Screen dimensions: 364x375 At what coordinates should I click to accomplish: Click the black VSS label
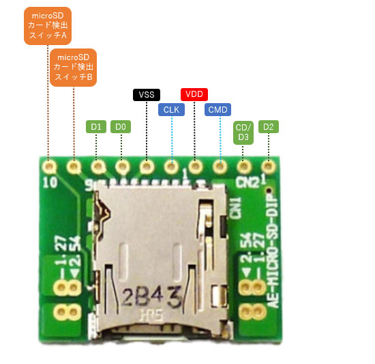coord(147,94)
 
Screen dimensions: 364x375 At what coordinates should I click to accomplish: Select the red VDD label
coord(194,94)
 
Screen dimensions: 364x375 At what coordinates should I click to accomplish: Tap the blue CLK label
coord(170,109)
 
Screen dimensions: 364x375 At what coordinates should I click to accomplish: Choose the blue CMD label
coord(218,109)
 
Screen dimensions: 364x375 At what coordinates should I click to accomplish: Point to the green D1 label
coord(97,126)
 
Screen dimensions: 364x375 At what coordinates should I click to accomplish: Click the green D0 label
coord(121,126)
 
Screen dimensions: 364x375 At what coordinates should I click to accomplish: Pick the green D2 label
coord(268,126)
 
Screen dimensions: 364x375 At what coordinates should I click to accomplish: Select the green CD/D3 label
coord(243,132)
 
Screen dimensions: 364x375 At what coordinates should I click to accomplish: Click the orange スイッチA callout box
coord(48,26)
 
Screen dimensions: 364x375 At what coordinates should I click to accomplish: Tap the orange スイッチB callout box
coord(74,67)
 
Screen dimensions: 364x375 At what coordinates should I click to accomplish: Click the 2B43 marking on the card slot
coord(151,296)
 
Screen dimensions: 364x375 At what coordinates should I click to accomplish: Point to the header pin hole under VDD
coord(195,165)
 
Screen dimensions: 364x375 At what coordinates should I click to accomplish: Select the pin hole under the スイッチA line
coord(48,165)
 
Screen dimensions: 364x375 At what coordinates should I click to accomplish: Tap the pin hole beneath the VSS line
coord(146,165)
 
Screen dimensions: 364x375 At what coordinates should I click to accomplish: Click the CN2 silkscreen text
coord(247,182)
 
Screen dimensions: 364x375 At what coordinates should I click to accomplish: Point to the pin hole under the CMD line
coord(220,165)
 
